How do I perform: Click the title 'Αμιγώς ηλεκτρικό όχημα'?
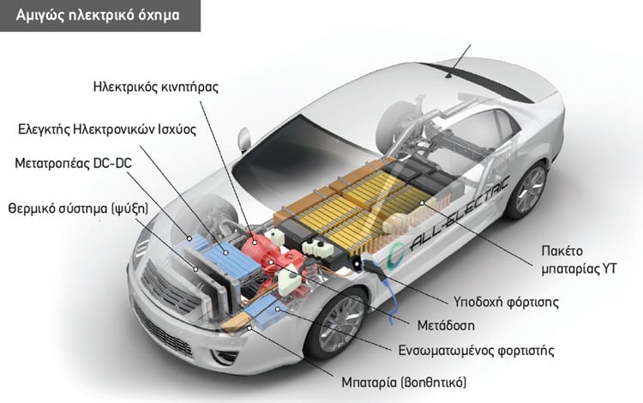pyautogui.click(x=98, y=15)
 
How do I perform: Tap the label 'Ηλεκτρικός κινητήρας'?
pyautogui.click(x=156, y=87)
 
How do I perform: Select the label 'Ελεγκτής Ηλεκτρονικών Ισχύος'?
pyautogui.click(x=107, y=129)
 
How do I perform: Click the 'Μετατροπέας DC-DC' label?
pyautogui.click(x=74, y=163)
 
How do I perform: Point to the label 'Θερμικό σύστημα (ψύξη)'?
pyautogui.click(x=78, y=208)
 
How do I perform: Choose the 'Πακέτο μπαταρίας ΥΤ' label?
pyautogui.click(x=579, y=260)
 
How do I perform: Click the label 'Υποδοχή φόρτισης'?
pyautogui.click(x=506, y=303)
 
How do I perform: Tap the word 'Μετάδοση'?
pyautogui.click(x=446, y=326)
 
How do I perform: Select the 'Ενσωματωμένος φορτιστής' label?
pyautogui.click(x=476, y=351)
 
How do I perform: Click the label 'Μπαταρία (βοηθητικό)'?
pyautogui.click(x=404, y=382)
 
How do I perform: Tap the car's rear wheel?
pyautogui.click(x=528, y=190)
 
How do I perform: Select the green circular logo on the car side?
pyautogui.click(x=395, y=256)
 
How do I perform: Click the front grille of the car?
pyautogui.click(x=169, y=288)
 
